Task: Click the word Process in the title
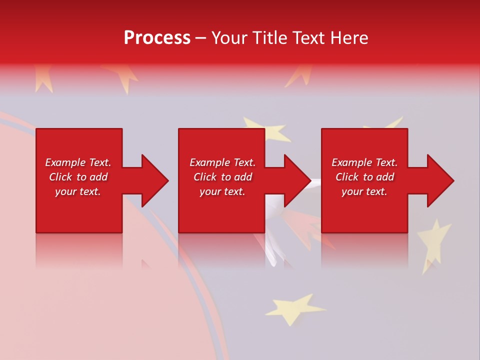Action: [x=157, y=38]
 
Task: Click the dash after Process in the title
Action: [x=200, y=38]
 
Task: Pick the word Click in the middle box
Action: [x=204, y=177]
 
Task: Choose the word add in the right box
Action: [x=385, y=177]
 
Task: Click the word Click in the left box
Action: [x=60, y=177]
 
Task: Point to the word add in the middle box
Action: [x=243, y=177]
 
